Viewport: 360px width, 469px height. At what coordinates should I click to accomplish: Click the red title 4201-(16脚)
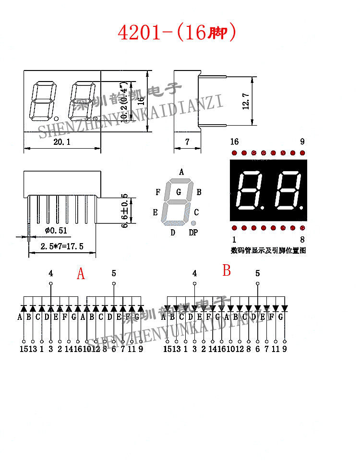177,32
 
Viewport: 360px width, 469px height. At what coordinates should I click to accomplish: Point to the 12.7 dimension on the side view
246,101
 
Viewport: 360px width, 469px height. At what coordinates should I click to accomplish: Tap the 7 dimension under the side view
187,142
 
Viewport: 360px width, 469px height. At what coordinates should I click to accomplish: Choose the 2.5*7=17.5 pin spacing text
62,246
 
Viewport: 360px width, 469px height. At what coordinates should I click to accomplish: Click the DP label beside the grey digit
193,233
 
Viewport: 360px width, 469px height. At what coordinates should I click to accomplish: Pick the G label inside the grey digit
179,192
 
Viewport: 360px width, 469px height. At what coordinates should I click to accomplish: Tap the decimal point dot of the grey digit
193,223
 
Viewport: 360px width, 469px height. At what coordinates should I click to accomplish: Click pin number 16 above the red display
234,141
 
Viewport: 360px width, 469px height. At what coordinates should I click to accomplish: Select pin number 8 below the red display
302,239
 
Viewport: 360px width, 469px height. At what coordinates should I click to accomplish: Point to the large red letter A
81,274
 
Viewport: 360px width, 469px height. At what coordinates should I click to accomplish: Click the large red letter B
227,271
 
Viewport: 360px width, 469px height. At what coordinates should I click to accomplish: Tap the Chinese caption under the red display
268,250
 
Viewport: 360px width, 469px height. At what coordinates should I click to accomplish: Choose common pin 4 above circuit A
50,273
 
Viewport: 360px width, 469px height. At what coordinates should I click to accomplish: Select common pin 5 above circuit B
258,273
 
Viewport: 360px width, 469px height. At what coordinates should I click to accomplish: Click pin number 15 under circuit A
24,349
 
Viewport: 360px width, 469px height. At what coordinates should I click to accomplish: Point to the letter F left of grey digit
158,192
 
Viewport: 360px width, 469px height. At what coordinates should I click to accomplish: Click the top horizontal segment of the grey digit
179,181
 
